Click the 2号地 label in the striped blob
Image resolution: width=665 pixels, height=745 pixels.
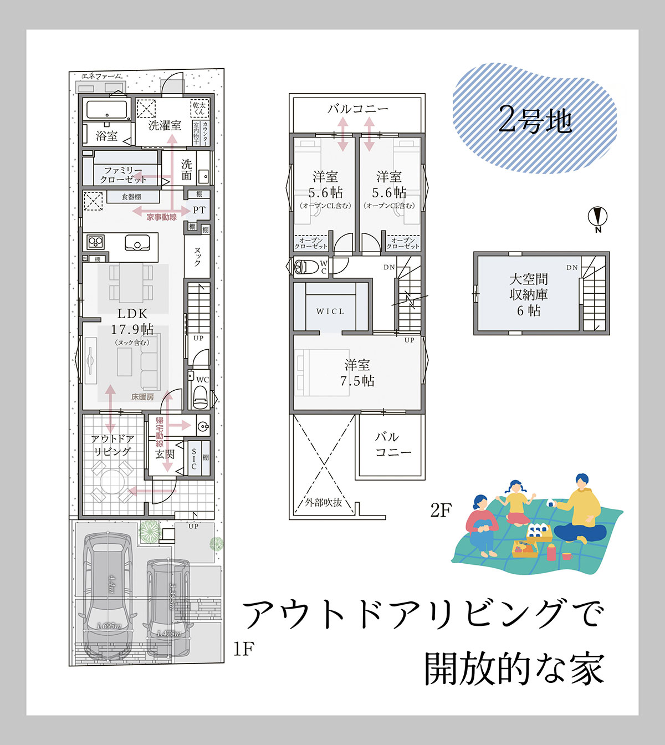pyautogui.click(x=535, y=120)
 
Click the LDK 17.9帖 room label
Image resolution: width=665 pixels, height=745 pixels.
pyautogui.click(x=132, y=322)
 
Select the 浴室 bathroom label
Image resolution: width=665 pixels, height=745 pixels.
pyautogui.click(x=106, y=135)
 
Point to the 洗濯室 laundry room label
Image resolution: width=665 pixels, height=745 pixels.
pyautogui.click(x=165, y=125)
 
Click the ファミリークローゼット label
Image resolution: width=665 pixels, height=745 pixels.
pyautogui.click(x=123, y=175)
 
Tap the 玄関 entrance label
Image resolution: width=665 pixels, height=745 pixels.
pyautogui.click(x=165, y=455)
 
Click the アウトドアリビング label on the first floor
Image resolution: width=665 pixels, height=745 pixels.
pyautogui.click(x=112, y=445)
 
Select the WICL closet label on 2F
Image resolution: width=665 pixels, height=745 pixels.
pyautogui.click(x=330, y=312)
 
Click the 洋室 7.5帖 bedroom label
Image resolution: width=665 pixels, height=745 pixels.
pyautogui.click(x=357, y=373)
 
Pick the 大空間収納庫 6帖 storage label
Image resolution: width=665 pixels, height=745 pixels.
pyautogui.click(x=528, y=295)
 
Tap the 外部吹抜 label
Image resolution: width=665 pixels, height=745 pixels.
pyautogui.click(x=324, y=503)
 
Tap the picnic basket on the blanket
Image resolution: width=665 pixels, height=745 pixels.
pyautogui.click(x=525, y=549)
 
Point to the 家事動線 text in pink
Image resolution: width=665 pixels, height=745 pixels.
pyautogui.click(x=162, y=217)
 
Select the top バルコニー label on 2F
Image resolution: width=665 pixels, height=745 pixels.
pyautogui.click(x=357, y=109)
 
